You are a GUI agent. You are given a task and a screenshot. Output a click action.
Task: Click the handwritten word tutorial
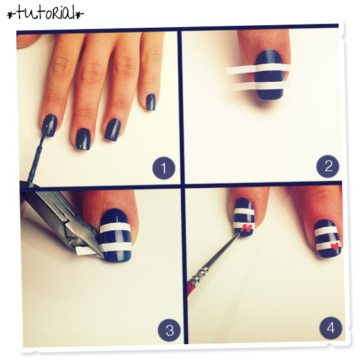[45, 13]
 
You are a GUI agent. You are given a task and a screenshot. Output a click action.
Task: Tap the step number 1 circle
[164, 168]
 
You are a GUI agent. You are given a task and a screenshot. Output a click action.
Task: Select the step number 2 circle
[328, 166]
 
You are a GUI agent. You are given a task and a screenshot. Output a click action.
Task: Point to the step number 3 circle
[169, 330]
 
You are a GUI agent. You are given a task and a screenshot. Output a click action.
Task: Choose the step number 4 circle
[331, 328]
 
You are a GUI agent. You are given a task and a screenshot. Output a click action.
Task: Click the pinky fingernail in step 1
[151, 102]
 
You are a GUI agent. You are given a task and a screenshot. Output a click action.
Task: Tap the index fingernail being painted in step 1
[50, 125]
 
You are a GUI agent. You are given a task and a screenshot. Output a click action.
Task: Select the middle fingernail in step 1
[83, 139]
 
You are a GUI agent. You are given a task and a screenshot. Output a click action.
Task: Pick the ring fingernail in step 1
[113, 130]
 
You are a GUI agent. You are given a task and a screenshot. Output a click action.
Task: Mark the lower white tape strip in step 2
[259, 86]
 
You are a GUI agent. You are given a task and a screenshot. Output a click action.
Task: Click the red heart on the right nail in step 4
[335, 246]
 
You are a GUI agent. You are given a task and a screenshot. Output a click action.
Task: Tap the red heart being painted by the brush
[247, 228]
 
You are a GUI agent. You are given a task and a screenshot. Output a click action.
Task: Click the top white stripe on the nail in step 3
[115, 227]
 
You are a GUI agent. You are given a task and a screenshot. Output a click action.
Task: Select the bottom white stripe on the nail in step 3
[117, 247]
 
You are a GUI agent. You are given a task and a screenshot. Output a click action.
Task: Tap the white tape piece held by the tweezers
[84, 250]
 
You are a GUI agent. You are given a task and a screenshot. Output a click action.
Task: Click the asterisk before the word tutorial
[11, 14]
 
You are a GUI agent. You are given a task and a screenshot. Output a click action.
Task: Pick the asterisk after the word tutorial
[79, 14]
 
